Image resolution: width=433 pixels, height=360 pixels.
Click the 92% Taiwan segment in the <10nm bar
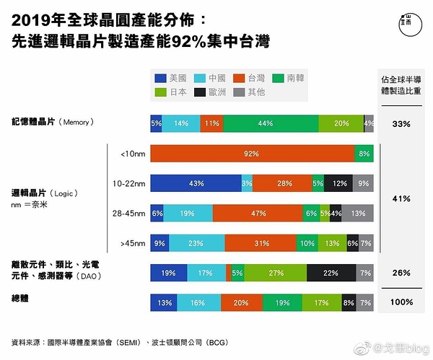tap(252, 154)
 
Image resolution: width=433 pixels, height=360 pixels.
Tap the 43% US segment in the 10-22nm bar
tap(195, 183)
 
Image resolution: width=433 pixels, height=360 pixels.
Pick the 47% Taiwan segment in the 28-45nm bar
tap(258, 214)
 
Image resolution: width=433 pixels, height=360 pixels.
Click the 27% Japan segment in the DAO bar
tap(276, 273)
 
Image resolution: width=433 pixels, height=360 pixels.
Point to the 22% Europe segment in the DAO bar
tap(331, 273)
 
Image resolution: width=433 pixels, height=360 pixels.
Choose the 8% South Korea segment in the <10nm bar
tap(364, 154)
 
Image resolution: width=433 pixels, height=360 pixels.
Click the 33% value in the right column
tap(401, 123)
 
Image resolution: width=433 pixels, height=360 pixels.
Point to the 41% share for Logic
tap(401, 198)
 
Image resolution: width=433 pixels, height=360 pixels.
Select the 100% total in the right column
tap(401, 302)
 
